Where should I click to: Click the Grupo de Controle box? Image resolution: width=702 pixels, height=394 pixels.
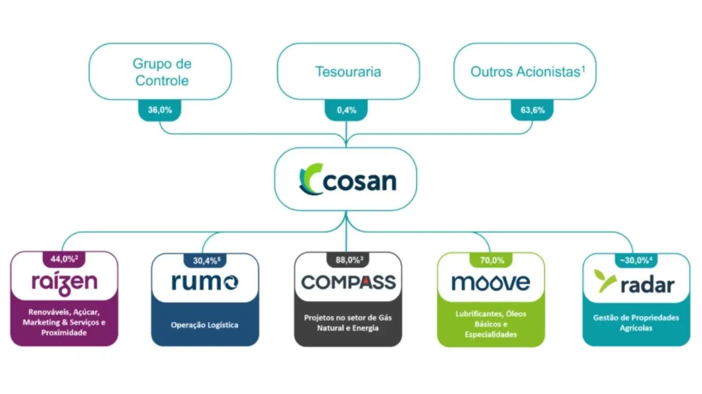[161, 72]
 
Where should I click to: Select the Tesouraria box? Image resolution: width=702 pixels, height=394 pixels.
[348, 72]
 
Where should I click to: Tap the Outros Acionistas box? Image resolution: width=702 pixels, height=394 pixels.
[525, 72]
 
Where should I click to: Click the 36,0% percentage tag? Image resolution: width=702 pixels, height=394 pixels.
[159, 110]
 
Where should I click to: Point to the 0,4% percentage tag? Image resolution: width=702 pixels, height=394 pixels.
[347, 110]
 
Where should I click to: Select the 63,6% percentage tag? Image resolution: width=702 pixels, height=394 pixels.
[532, 110]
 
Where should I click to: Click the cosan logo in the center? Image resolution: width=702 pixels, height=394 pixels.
[347, 181]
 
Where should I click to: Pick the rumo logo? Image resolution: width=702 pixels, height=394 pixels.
[205, 282]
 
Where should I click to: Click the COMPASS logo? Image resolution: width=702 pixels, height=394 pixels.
[348, 282]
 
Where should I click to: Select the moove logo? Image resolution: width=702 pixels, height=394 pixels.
[490, 282]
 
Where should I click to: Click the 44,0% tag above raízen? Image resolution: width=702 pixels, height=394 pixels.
[64, 259]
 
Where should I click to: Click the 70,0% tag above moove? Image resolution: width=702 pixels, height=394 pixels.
[491, 260]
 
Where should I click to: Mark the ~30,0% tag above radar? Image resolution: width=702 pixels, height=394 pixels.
[636, 260]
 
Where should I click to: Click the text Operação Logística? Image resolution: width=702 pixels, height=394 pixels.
[205, 325]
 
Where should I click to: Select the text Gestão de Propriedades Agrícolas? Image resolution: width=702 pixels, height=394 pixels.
[636, 323]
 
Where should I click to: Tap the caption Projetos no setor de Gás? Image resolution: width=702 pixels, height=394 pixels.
[348, 318]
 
